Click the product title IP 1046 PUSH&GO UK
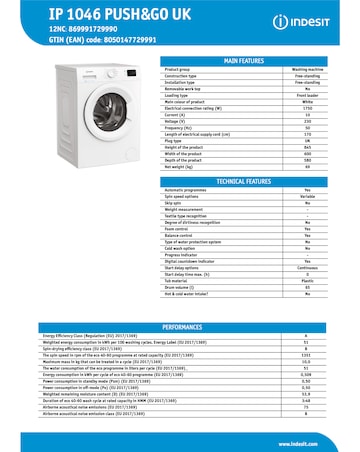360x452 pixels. (x=75, y=13)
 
